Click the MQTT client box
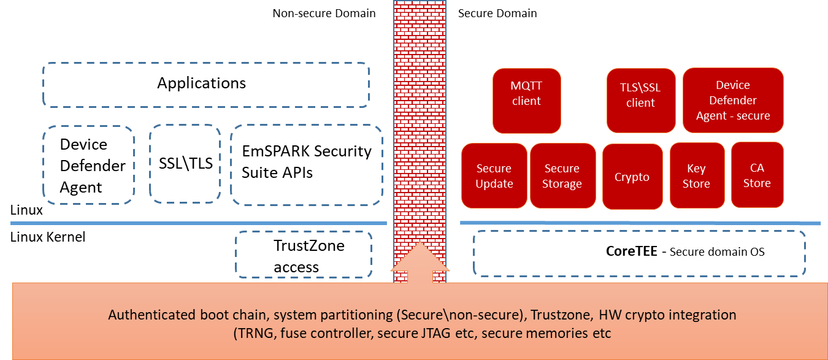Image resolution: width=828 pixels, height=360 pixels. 526,101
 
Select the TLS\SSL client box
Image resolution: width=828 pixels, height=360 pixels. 641,101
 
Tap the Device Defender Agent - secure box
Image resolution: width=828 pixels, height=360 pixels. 733,101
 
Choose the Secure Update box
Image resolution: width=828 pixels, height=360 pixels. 494,176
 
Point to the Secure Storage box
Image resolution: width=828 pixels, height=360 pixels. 562,176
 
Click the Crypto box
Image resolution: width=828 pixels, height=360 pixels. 632,177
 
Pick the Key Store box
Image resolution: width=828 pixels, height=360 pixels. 696,176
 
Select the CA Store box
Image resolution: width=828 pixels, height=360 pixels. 757,175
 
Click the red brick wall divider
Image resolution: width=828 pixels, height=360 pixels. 420,123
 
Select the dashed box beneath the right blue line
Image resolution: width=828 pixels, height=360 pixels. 639,253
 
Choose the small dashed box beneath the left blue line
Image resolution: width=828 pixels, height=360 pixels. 304,254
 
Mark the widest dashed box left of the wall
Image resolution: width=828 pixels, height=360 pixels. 205,85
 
